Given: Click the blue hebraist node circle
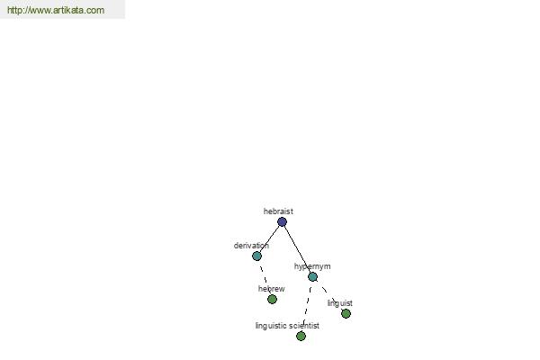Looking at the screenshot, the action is tap(282, 222).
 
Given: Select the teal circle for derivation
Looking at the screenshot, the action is tap(256, 256).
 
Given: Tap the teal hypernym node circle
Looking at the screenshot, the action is tap(312, 276).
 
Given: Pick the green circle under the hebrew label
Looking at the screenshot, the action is tap(272, 300).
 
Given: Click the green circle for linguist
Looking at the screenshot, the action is tap(346, 313).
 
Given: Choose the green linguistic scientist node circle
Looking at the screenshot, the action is tap(301, 337).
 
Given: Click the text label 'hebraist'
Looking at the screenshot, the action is tap(278, 211).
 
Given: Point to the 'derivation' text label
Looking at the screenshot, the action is tap(251, 246).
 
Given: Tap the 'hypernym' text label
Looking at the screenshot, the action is tap(312, 266).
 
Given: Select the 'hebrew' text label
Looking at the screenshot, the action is tap(272, 289).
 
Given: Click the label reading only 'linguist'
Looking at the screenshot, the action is tap(340, 303).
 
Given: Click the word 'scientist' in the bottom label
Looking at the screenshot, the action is tap(304, 326).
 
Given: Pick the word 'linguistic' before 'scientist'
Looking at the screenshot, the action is tap(271, 326).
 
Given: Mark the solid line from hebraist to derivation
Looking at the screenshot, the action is tap(270, 238).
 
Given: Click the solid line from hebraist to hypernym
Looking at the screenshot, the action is tap(297, 249).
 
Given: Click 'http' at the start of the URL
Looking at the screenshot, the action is tap(14, 10).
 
